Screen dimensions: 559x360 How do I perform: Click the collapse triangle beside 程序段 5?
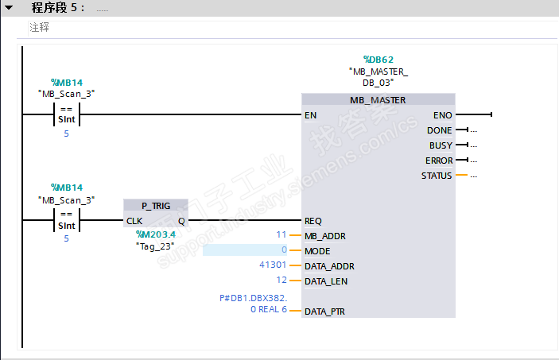(9, 7)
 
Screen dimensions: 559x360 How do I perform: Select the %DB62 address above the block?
(378, 60)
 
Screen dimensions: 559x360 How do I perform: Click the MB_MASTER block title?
(378, 100)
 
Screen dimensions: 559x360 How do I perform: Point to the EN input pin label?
(311, 115)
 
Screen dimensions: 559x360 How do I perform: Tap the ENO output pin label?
(443, 115)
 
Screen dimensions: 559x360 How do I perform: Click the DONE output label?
(440, 130)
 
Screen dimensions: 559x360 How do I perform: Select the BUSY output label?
(441, 145)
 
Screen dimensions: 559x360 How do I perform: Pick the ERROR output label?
(439, 161)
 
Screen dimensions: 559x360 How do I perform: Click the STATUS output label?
(437, 176)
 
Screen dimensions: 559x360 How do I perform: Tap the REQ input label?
(313, 221)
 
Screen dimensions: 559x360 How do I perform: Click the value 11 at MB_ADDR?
(281, 234)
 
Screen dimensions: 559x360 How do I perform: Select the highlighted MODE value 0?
(284, 250)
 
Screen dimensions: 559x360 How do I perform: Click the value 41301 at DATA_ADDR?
(273, 265)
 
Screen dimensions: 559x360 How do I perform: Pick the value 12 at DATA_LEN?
(281, 280)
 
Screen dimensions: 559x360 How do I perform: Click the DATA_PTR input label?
(324, 312)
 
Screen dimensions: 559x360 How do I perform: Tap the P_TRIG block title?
(156, 206)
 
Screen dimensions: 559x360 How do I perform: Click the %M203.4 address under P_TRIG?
(156, 234)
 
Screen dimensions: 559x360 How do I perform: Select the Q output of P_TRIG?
(181, 222)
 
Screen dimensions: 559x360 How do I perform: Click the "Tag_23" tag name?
(155, 246)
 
